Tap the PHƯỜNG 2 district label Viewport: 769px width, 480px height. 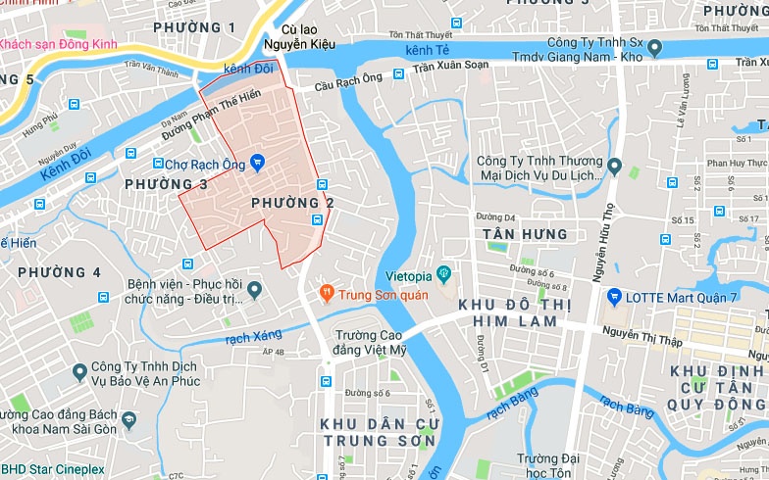(x=292, y=203)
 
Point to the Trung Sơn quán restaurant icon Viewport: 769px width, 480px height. (x=326, y=292)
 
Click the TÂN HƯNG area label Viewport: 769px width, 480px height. (x=525, y=234)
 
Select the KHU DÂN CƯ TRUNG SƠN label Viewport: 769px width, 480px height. (x=378, y=432)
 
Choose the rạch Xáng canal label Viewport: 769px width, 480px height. (x=253, y=337)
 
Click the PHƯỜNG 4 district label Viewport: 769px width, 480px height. (x=59, y=270)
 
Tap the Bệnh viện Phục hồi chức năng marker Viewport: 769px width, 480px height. (x=254, y=289)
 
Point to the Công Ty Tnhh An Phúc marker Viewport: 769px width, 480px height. (x=81, y=372)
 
